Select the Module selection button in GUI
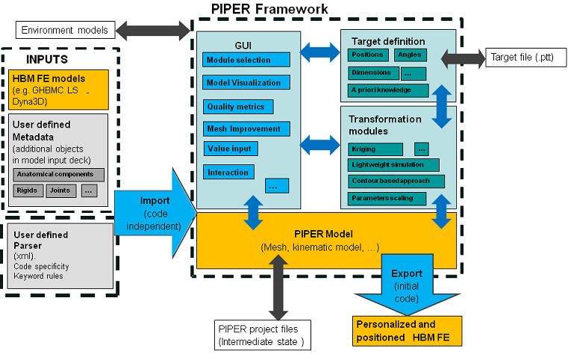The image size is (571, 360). [246, 60]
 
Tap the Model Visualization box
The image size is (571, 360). [246, 83]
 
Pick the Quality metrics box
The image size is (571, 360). [238, 107]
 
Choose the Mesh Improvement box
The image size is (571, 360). [246, 128]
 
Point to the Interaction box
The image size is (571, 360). [229, 173]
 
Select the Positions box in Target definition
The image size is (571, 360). [367, 55]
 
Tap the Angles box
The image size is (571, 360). [409, 55]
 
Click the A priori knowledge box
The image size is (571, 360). [388, 90]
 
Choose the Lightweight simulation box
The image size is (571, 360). [393, 164]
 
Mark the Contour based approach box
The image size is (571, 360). [396, 181]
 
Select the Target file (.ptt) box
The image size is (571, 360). [526, 57]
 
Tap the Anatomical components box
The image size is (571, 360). [59, 175]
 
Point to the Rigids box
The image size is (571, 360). [28, 190]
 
